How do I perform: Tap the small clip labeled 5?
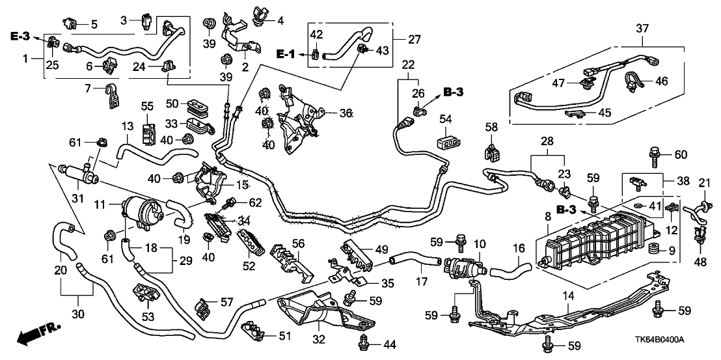[x=71, y=25]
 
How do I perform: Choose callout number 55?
[x=147, y=105]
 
